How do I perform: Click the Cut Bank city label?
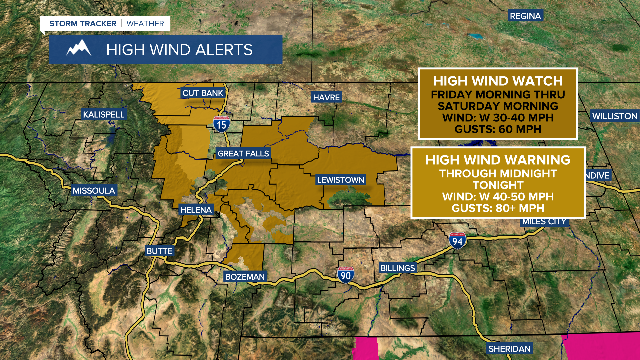tap(203, 93)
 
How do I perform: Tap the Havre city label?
tap(326, 97)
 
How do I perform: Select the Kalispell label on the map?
tap(104, 115)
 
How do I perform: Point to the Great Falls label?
tap(243, 154)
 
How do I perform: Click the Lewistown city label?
tap(340, 180)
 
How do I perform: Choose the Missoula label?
tap(94, 191)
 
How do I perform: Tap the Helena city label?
tap(196, 210)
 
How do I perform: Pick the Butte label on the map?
tap(159, 251)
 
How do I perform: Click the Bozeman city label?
tap(245, 277)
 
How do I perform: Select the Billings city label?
tap(398, 268)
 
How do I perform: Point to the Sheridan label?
tap(509, 349)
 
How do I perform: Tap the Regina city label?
tap(525, 16)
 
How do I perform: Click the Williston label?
tap(615, 116)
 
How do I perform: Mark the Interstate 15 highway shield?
tap(221, 124)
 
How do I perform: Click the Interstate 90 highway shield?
tap(346, 275)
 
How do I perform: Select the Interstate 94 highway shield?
tap(457, 241)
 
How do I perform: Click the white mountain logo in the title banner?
tap(79, 49)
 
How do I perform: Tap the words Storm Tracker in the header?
tap(83, 24)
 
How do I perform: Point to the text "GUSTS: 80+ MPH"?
tap(498, 208)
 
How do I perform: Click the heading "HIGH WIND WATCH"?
tap(498, 81)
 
